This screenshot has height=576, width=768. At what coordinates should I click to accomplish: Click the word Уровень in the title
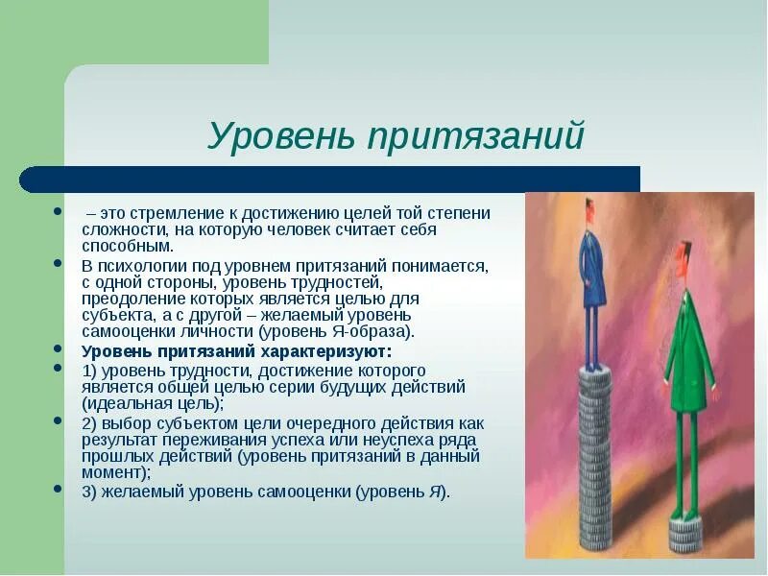(x=281, y=134)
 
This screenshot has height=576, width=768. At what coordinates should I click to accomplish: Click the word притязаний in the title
(x=475, y=134)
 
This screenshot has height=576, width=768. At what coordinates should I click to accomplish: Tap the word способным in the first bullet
(x=128, y=246)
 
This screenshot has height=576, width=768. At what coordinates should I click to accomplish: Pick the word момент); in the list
(x=116, y=472)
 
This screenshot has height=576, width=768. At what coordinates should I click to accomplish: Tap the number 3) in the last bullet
(x=89, y=492)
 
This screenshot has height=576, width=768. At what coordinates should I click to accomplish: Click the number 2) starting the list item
(x=89, y=423)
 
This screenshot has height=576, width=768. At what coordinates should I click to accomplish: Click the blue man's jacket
(x=592, y=267)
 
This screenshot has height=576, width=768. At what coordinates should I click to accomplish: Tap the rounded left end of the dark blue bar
(x=28, y=180)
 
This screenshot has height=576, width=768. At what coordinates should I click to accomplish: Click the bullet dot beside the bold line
(x=58, y=348)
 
